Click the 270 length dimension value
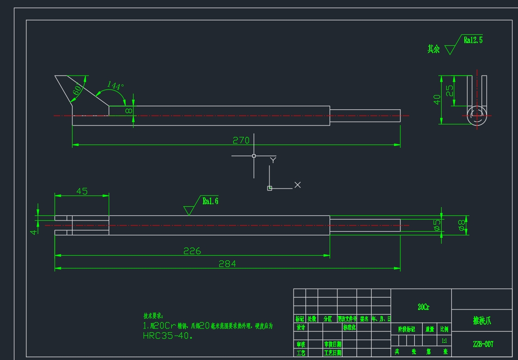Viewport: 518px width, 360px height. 241,140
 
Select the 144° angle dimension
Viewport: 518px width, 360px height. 115,86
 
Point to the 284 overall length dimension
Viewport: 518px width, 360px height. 227,264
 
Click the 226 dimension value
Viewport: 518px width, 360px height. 192,251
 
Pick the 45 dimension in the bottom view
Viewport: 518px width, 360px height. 82,191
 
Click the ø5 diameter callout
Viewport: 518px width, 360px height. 437,225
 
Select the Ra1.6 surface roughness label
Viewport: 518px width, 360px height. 210,201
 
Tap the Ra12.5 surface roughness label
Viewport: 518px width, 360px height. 473,40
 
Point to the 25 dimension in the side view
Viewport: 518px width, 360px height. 449,90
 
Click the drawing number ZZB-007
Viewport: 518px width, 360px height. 483,344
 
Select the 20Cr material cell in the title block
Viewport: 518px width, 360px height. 423,307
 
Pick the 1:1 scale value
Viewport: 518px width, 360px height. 444,341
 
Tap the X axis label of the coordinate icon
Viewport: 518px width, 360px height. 297,185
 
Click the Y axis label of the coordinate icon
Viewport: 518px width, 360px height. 273,160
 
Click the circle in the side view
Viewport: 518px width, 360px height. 476,115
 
